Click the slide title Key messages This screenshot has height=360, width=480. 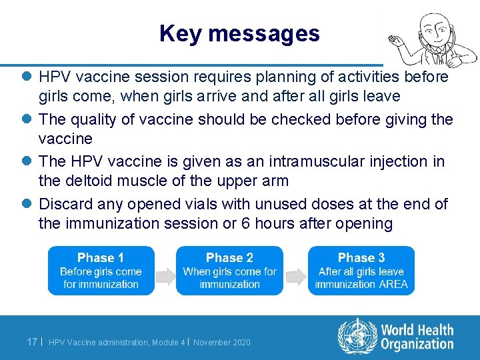tap(239, 33)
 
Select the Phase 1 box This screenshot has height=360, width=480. tap(101, 271)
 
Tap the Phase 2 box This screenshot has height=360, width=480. tap(229, 271)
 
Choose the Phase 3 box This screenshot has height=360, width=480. tap(361, 271)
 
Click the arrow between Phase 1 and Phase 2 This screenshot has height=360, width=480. tap(165, 271)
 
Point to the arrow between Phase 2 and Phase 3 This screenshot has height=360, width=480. tap(295, 271)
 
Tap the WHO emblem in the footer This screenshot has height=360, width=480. tap(357, 336)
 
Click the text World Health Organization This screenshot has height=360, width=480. tap(417, 337)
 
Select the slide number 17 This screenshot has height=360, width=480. tap(31, 342)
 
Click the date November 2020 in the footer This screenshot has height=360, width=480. tap(222, 343)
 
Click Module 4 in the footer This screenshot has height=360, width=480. tap(169, 343)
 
